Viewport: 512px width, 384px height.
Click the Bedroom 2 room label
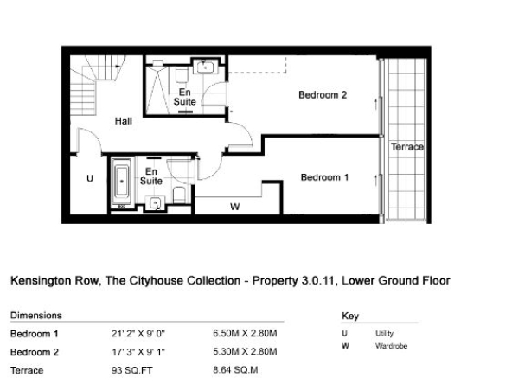(323, 95)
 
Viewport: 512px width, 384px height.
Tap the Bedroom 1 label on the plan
(324, 177)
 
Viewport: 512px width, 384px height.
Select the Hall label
(124, 121)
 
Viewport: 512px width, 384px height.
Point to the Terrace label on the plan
(407, 147)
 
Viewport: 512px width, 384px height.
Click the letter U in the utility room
(90, 178)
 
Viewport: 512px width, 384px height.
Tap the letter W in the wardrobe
(234, 207)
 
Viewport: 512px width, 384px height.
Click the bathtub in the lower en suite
(121, 182)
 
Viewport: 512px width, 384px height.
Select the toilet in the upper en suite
(182, 74)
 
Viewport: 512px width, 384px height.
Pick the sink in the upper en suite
(205, 67)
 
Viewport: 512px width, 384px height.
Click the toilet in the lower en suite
(179, 195)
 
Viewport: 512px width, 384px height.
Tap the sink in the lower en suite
(156, 203)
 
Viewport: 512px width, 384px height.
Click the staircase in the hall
(94, 83)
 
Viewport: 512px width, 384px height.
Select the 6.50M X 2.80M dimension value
(245, 333)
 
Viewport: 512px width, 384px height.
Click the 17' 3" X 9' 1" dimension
(138, 352)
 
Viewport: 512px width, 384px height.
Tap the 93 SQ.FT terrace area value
(132, 371)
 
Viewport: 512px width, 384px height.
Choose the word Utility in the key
(384, 333)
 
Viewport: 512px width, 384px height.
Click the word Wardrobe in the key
(391, 346)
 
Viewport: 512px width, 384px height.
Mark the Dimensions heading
(36, 316)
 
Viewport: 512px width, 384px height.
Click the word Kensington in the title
(42, 281)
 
